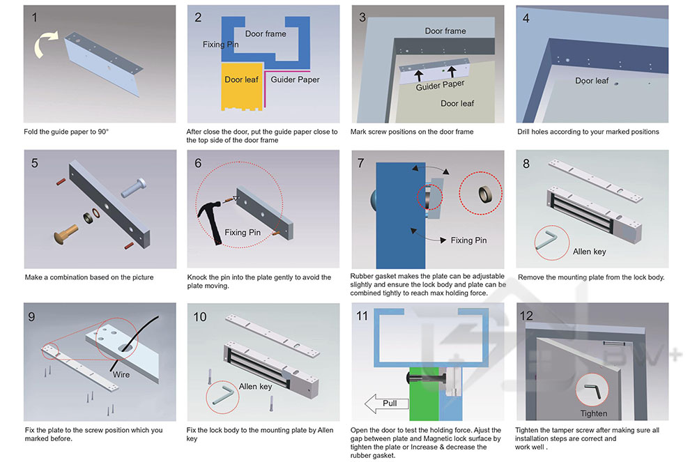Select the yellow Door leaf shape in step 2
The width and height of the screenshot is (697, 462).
coord(240,87)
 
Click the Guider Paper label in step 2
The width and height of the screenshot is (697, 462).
coord(295,79)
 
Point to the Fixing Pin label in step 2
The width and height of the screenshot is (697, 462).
coord(221,45)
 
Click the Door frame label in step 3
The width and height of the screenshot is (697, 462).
coord(445,31)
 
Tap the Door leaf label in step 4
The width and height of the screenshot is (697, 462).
coord(592,81)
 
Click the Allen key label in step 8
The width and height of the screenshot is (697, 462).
coord(589,252)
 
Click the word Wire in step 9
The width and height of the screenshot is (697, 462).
coord(121,375)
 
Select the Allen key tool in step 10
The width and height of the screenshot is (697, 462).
coord(223,394)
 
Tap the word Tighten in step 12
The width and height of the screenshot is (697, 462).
coord(594,413)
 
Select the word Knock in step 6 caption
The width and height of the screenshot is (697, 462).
coord(198,277)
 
